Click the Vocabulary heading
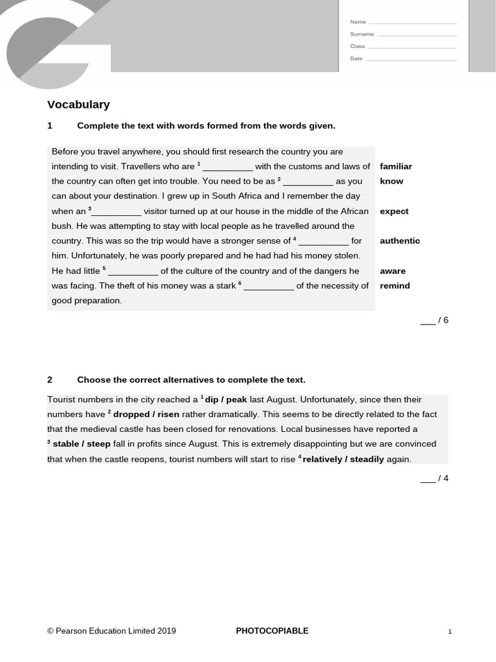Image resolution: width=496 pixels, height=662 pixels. click(78, 105)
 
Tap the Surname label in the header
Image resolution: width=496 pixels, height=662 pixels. click(362, 34)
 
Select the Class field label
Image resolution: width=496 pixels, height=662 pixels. click(357, 47)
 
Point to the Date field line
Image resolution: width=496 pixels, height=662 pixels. click(411, 59)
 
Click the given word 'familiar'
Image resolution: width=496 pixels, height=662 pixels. click(395, 166)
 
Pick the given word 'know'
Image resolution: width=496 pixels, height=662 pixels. click(391, 181)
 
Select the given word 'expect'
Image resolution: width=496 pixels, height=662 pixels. click(394, 211)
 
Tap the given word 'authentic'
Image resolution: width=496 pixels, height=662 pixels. click(400, 240)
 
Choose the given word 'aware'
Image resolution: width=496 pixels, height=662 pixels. click(393, 271)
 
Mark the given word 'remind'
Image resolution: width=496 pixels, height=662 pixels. click(395, 286)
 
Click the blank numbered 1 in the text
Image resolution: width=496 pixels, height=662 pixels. click(227, 167)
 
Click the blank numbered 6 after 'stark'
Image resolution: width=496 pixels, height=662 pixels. click(269, 286)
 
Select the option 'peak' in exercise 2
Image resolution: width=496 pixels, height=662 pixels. click(236, 400)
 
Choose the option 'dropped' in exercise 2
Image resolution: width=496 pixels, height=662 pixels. click(131, 414)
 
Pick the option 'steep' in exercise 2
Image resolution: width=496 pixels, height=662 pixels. click(99, 444)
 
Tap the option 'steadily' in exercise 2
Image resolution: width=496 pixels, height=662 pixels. click(367, 459)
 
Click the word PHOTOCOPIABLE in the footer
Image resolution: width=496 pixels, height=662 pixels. click(272, 631)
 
